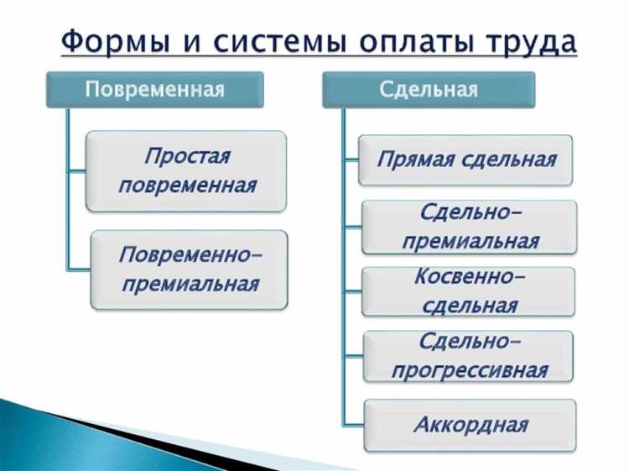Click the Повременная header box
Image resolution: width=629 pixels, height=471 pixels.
[154, 90]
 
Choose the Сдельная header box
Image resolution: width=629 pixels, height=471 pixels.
[429, 90]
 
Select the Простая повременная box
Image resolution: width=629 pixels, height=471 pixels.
[187, 170]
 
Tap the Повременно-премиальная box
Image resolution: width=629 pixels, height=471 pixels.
[189, 270]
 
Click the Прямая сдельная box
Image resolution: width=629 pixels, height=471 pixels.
[465, 160]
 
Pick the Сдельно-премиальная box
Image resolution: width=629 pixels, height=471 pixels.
[469, 227]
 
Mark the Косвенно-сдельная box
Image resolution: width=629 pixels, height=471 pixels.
[469, 291]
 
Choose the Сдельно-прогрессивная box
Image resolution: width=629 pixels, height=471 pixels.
[469, 356]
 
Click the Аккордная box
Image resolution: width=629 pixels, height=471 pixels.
[470, 424]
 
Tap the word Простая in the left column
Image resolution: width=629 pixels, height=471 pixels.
[187, 156]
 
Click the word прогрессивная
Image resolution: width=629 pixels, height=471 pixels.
[470, 370]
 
